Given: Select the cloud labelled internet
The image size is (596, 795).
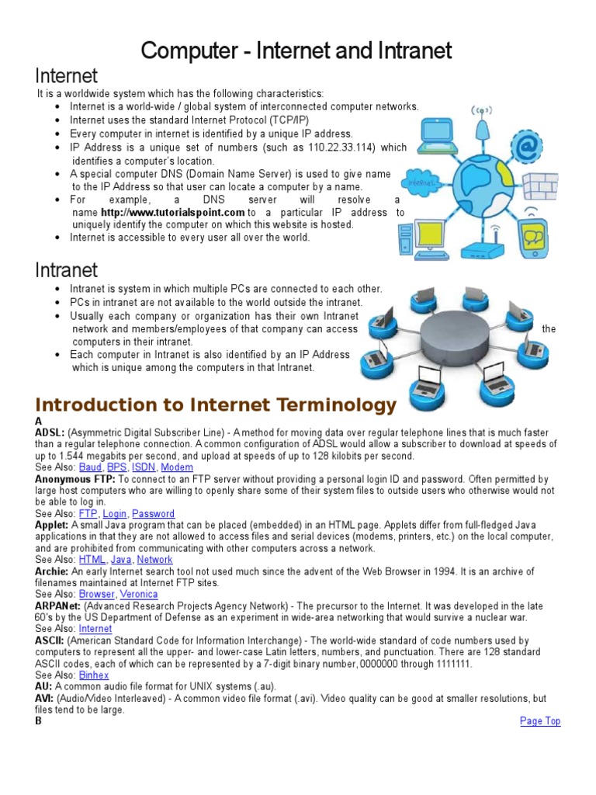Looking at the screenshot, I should click(x=419, y=184).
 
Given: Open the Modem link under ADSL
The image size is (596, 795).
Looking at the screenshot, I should click(x=177, y=467).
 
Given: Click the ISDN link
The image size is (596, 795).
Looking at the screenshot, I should click(x=143, y=467).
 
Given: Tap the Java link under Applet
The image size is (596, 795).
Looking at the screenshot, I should click(x=121, y=559).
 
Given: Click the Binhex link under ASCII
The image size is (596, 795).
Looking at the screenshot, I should click(x=94, y=675).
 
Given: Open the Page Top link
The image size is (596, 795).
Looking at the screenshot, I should click(x=539, y=721).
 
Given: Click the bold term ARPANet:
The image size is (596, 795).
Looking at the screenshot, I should click(x=57, y=606).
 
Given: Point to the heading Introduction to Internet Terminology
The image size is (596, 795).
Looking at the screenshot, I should click(x=216, y=405).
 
